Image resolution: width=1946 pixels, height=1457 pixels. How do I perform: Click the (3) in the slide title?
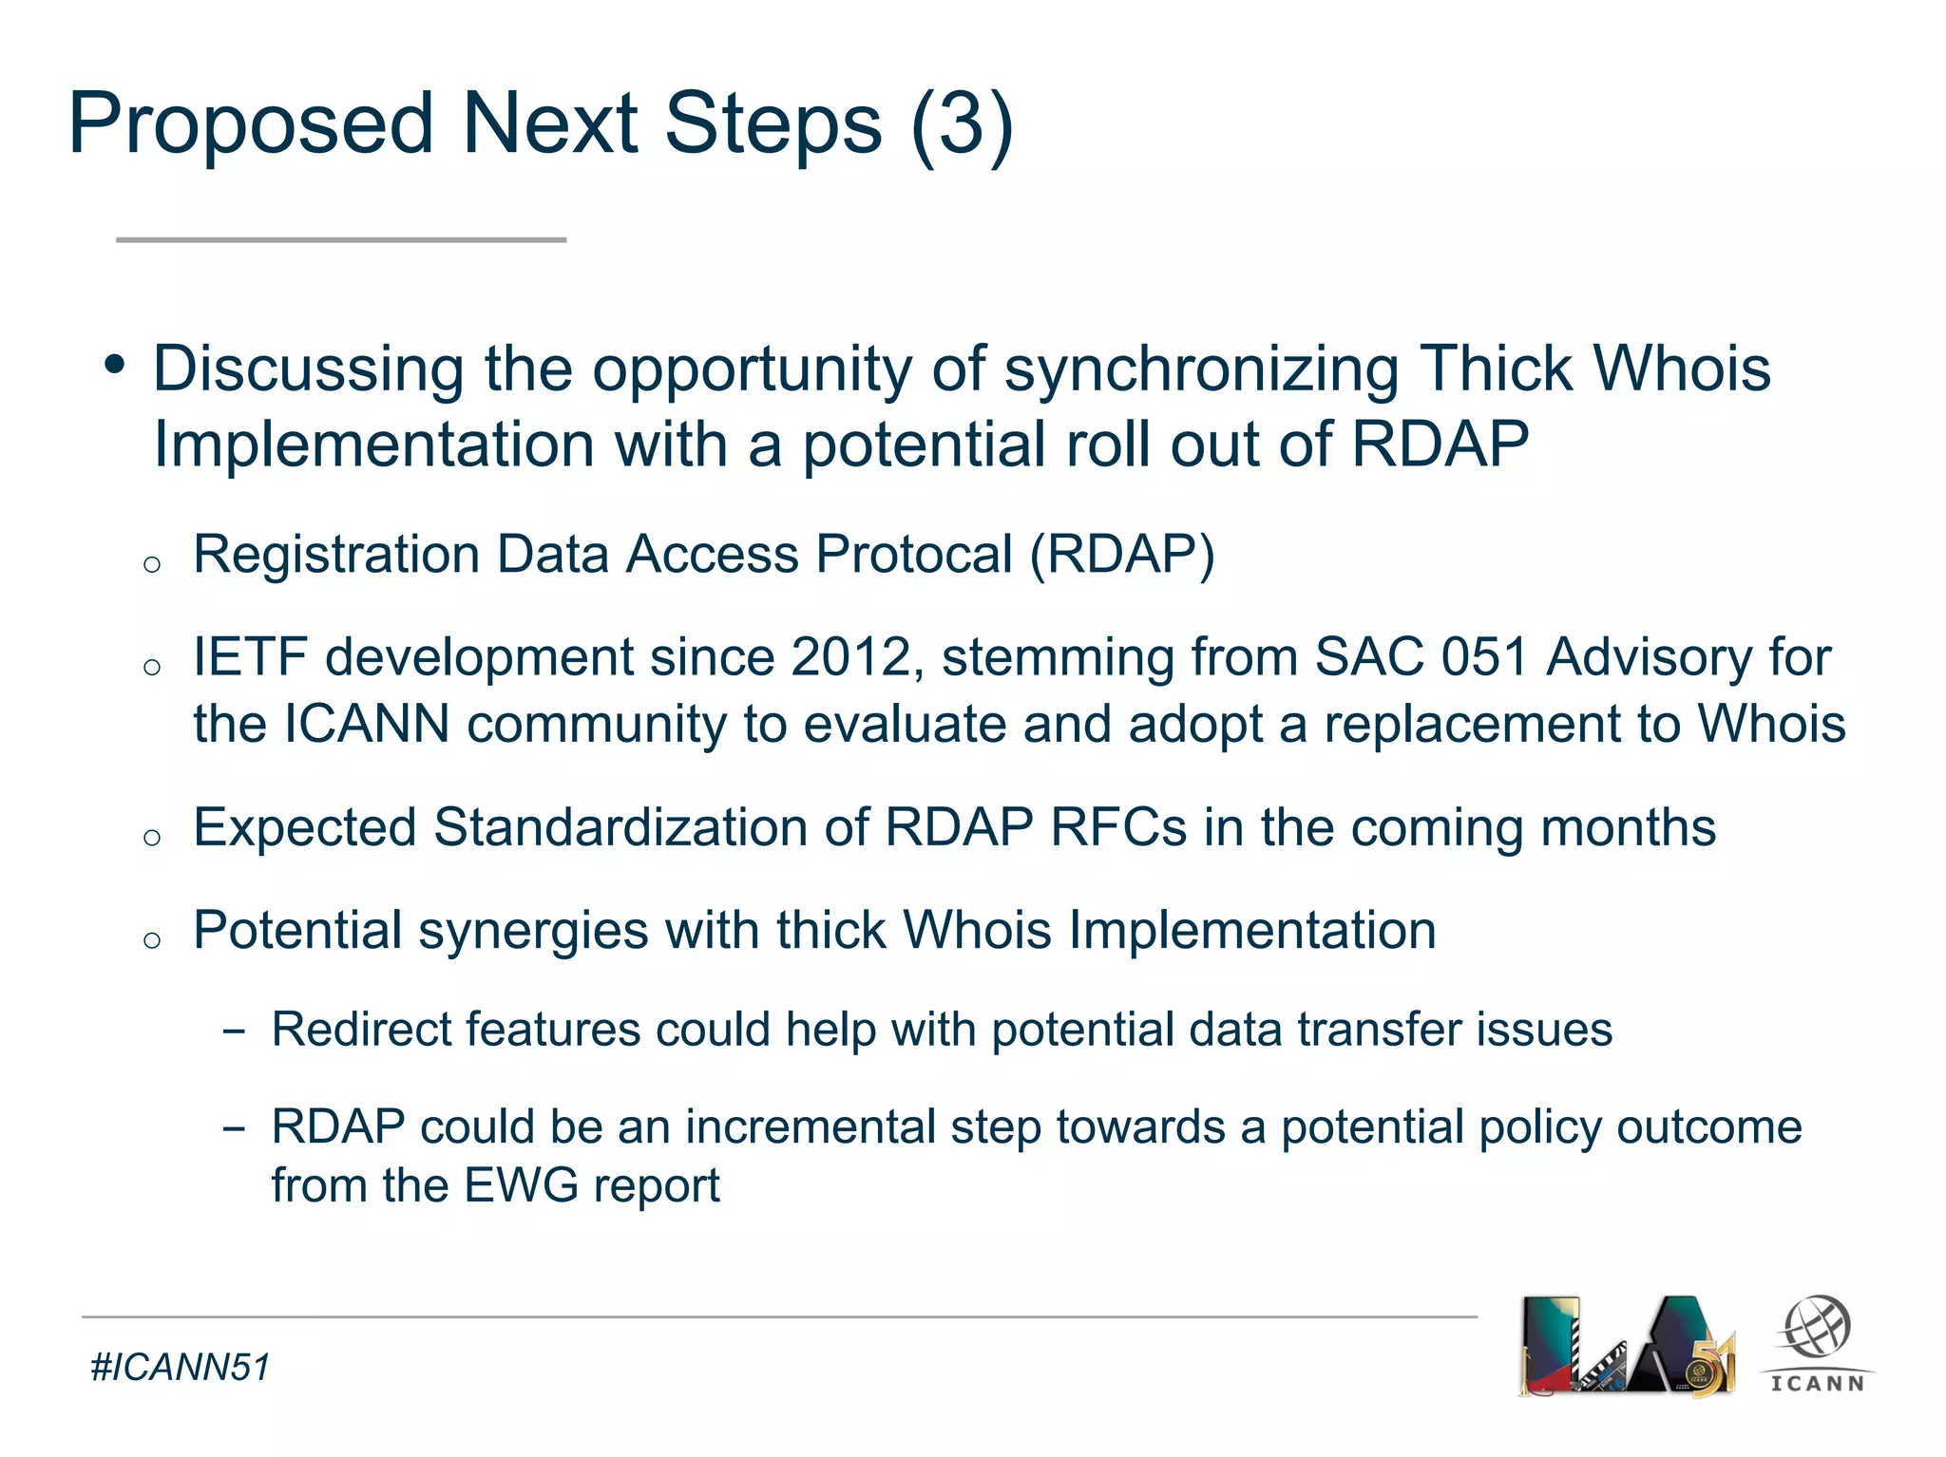pyautogui.click(x=962, y=125)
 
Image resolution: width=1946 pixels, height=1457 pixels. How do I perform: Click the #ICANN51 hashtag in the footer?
pyautogui.click(x=181, y=1368)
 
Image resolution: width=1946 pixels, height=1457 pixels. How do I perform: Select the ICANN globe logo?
pyautogui.click(x=1817, y=1343)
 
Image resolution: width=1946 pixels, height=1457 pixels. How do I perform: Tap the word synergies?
pyautogui.click(x=533, y=930)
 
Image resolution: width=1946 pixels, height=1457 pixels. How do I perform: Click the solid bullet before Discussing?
pyautogui.click(x=115, y=364)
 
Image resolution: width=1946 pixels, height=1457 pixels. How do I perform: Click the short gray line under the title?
pyautogui.click(x=341, y=240)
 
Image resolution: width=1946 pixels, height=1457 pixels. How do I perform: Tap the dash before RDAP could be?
pyautogui.click(x=233, y=1128)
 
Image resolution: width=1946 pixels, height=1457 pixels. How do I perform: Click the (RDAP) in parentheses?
pyautogui.click(x=1122, y=555)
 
